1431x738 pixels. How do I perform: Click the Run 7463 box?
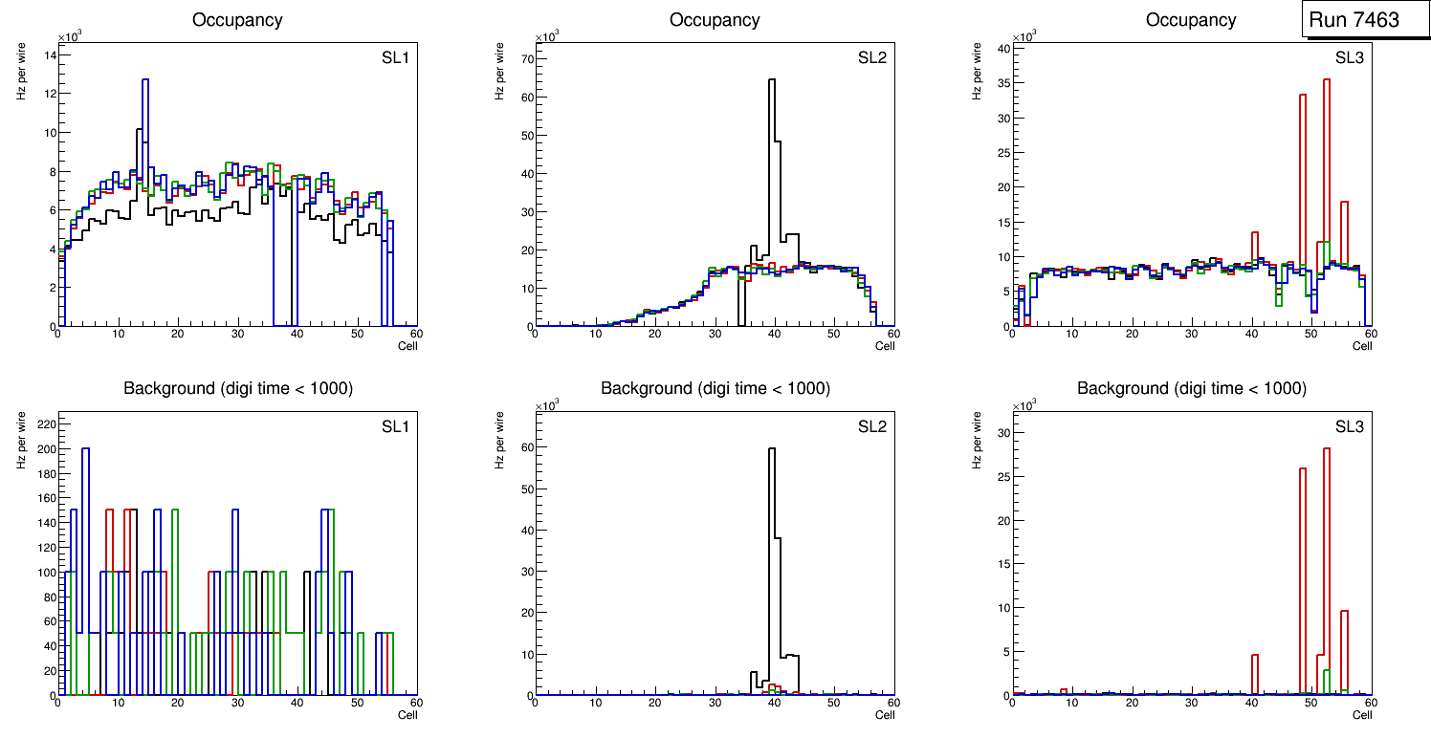tap(1366, 20)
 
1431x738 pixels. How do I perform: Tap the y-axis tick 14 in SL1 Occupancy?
tap(48, 54)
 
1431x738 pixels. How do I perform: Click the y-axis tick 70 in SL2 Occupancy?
tap(525, 58)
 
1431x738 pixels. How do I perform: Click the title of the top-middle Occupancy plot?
tap(715, 20)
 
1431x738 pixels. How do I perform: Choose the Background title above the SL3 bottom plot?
tap(1191, 389)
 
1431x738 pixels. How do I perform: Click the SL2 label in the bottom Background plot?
tap(871, 426)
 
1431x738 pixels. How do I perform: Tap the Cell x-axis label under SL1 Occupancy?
tap(407, 346)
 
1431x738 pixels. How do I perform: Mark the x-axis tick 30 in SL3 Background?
tap(1191, 705)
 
